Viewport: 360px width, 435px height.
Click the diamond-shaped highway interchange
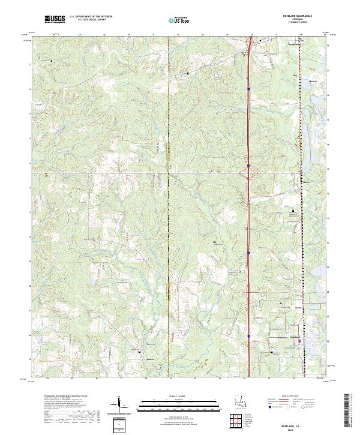coord(248,173)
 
